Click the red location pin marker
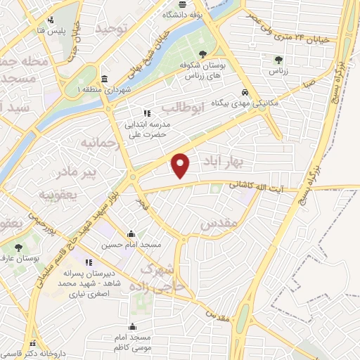click(x=181, y=165)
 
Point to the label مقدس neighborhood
click(x=221, y=224)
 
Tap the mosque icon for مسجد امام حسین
click(x=131, y=234)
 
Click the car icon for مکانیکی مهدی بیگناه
click(x=244, y=92)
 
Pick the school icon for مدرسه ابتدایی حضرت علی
click(x=146, y=112)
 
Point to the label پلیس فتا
click(x=55, y=31)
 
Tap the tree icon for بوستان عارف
click(x=18, y=247)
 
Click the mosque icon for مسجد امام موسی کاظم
click(x=132, y=326)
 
